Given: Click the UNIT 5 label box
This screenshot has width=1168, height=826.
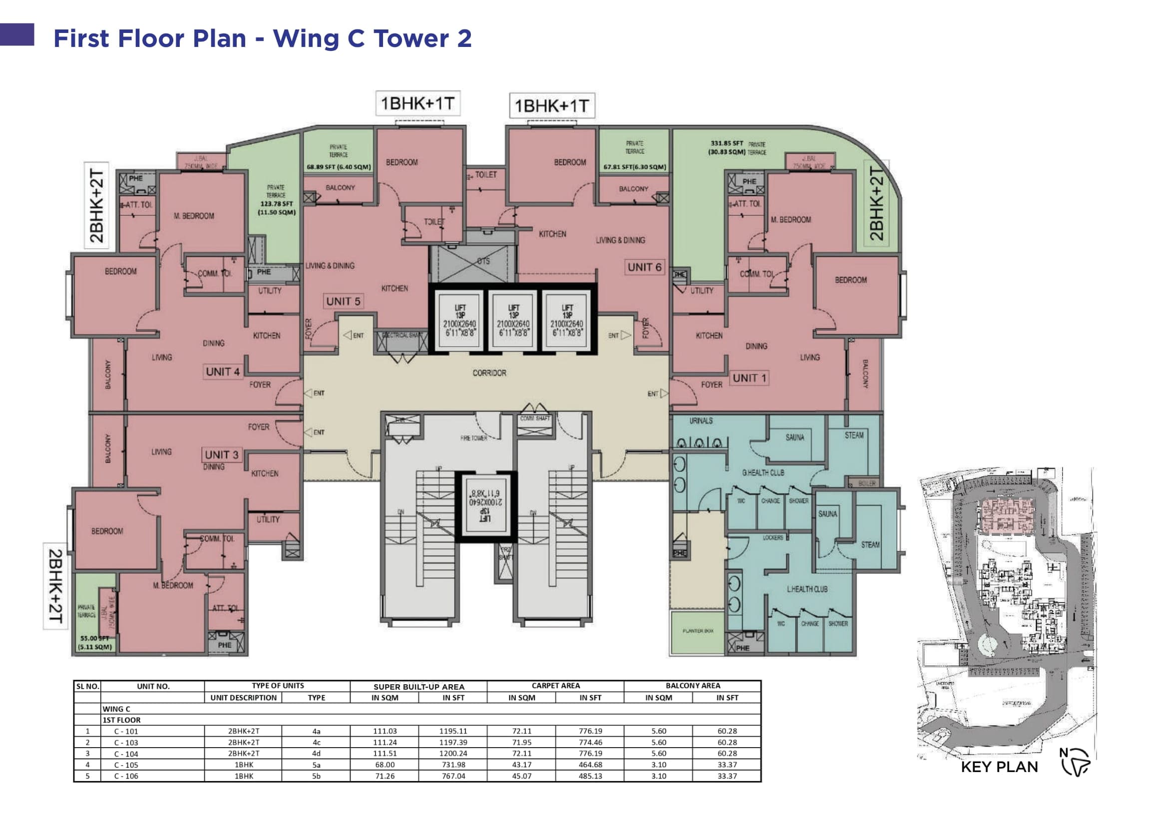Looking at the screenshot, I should coord(343,301).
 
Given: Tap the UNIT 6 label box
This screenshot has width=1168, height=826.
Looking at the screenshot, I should coord(644,267).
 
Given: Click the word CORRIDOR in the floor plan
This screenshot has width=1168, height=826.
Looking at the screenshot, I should coord(489,373).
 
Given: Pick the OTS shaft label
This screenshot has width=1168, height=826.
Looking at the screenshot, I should coord(483,261).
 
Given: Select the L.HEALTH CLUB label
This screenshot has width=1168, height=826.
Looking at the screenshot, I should coord(807,589).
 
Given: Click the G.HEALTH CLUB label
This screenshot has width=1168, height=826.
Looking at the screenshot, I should coord(763,472).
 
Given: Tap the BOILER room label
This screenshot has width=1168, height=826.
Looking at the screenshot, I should coord(866,483).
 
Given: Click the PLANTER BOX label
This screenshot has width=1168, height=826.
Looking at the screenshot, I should coord(698,631).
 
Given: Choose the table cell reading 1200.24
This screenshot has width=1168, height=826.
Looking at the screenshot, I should coord(453,753).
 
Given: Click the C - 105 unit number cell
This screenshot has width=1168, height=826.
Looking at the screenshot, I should coord(126,765).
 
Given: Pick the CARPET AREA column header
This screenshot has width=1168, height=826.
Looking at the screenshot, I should coord(555,686).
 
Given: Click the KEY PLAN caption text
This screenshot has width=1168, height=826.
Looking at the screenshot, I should coord(999,767).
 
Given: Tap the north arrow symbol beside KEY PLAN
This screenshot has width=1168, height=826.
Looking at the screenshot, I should coord(1075,763).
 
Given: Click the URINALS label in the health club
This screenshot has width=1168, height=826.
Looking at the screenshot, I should coord(701,420).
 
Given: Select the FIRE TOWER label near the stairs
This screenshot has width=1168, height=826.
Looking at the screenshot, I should coord(473,438).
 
